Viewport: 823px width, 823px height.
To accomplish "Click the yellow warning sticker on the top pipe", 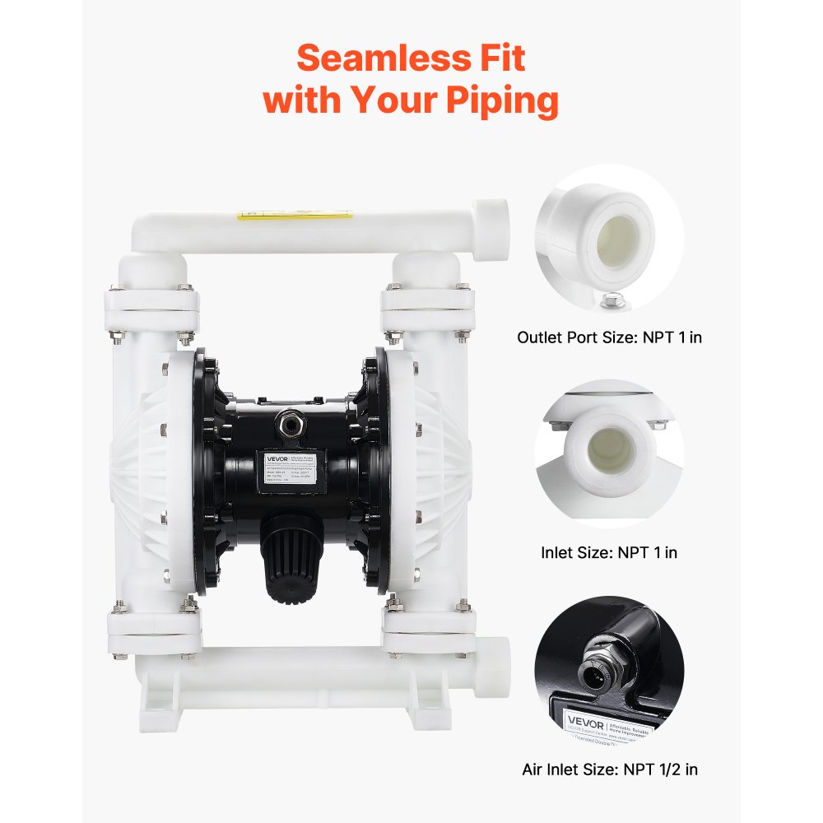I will (x=294, y=216).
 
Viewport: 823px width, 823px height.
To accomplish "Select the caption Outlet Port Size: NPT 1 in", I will (x=609, y=337).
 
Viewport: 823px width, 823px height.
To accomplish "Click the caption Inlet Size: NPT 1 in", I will (x=609, y=553).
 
